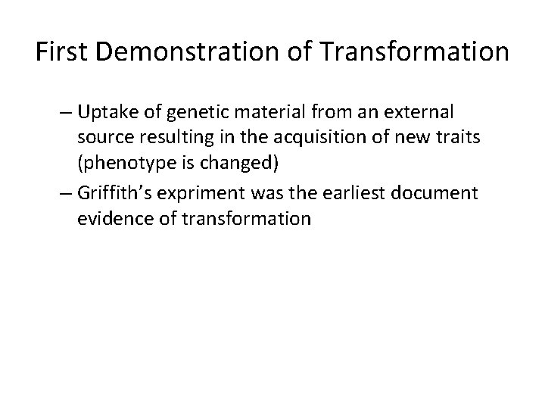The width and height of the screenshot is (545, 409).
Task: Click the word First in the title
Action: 64,52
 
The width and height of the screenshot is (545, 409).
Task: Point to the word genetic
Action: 193,113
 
